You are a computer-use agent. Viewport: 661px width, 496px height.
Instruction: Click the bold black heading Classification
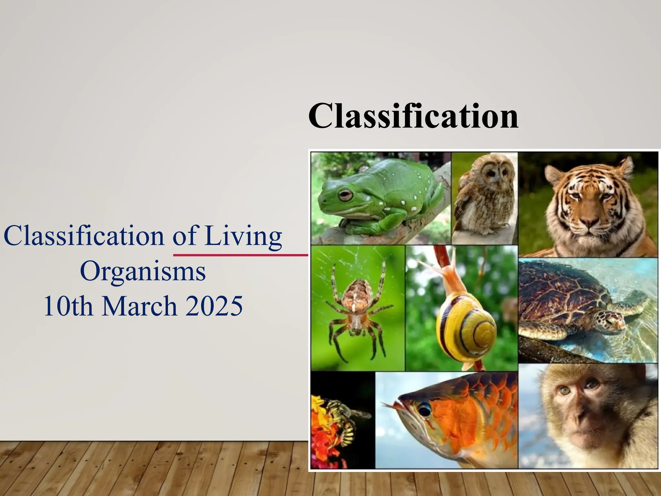(x=413, y=116)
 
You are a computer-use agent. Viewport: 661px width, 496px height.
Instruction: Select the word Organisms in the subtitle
(x=143, y=271)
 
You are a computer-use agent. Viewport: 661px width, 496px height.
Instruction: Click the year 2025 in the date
(x=214, y=306)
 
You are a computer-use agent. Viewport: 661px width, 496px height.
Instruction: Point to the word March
(x=139, y=306)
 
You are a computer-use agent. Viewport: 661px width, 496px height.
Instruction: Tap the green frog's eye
(x=345, y=195)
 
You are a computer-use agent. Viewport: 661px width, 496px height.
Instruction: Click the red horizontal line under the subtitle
(x=240, y=255)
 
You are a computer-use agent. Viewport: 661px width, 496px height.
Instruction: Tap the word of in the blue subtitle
(x=184, y=236)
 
